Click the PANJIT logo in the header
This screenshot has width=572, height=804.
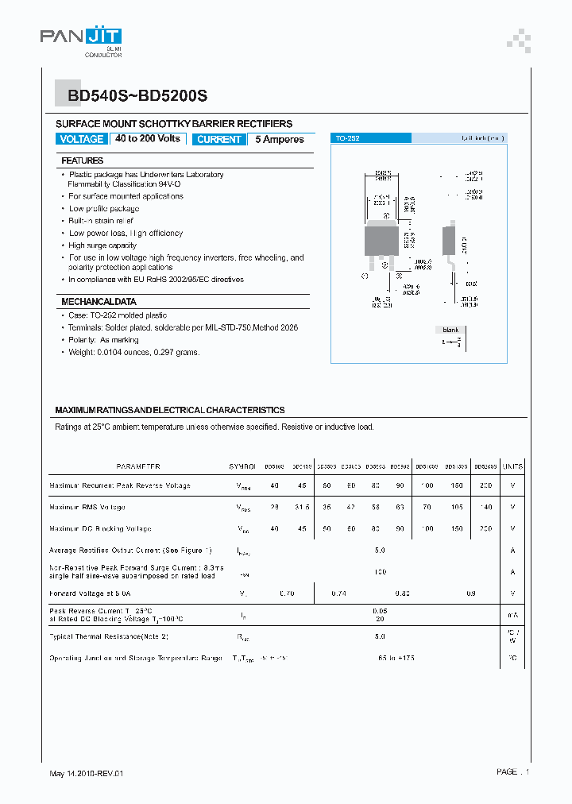click(x=81, y=37)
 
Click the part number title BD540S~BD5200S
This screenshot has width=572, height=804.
click(x=137, y=96)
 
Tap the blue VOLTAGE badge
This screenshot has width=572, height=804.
click(x=81, y=139)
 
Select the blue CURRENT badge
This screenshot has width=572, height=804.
click(x=218, y=139)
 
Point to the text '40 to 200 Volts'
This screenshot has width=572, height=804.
click(x=148, y=139)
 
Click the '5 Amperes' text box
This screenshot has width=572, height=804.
click(x=280, y=139)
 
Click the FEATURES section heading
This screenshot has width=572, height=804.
click(x=83, y=160)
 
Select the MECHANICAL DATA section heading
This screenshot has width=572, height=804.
click(x=99, y=302)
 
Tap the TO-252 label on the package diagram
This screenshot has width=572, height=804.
click(x=347, y=138)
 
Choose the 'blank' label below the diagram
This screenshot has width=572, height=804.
click(x=450, y=330)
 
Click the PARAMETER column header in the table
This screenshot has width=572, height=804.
click(x=138, y=467)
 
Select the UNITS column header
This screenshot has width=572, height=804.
click(x=512, y=467)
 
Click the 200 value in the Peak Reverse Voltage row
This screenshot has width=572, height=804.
click(x=485, y=485)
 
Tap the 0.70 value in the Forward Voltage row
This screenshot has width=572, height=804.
click(x=288, y=593)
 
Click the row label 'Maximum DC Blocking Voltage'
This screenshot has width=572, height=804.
click(x=100, y=528)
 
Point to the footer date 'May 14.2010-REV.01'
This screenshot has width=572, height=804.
click(x=87, y=773)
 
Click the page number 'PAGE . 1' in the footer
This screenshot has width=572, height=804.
click(x=512, y=771)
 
